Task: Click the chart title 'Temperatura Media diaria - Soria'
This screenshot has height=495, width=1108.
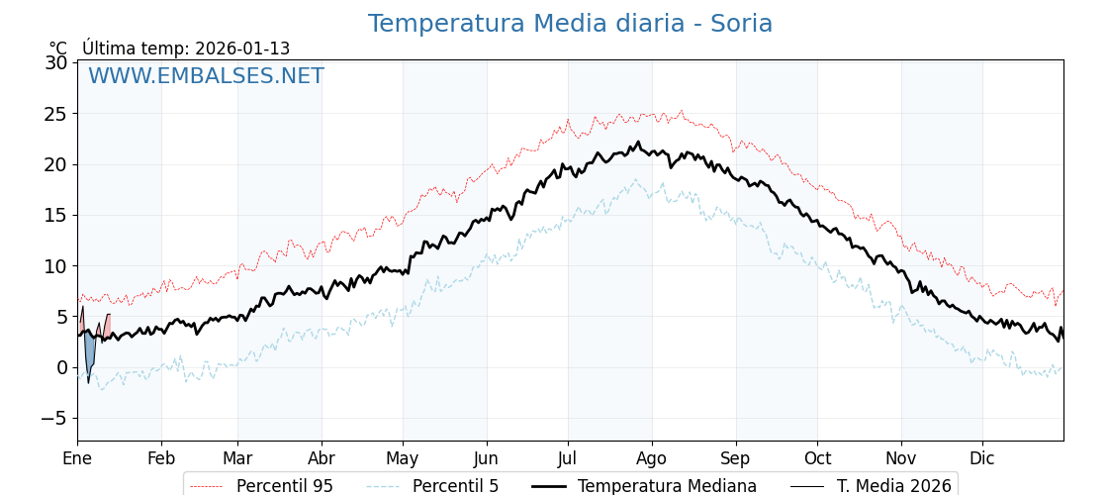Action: (x=570, y=24)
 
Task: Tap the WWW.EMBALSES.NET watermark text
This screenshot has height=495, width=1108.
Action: (x=206, y=76)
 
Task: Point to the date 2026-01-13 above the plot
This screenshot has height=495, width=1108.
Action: (x=242, y=49)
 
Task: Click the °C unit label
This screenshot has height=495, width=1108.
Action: (x=58, y=49)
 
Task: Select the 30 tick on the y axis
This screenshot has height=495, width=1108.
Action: (x=56, y=62)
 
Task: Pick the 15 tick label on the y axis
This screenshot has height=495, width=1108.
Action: (x=56, y=215)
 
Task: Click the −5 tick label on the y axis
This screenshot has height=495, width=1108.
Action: (x=53, y=418)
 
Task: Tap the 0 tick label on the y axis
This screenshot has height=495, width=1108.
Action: (x=61, y=367)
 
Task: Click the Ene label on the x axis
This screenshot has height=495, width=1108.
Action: (x=77, y=458)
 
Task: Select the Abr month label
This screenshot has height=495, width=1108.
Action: (x=322, y=458)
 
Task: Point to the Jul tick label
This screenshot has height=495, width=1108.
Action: (x=568, y=458)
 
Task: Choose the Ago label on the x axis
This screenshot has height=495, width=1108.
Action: (x=652, y=458)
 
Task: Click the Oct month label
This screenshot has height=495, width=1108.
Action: (x=817, y=458)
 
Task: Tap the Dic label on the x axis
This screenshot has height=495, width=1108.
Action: (x=982, y=458)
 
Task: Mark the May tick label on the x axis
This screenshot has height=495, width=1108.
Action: (x=403, y=458)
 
